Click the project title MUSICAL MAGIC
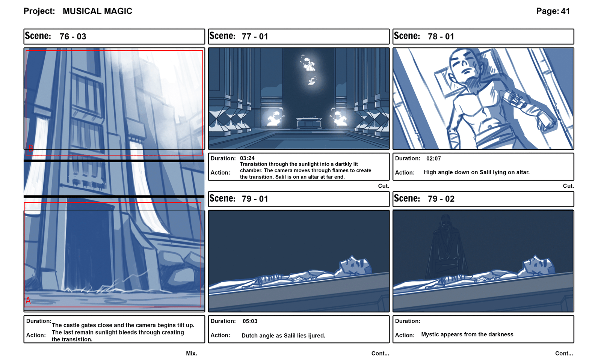[97, 11]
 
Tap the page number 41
[565, 11]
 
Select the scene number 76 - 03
[73, 36]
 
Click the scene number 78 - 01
[441, 36]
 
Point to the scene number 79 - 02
[441, 199]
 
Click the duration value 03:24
[247, 158]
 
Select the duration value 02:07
[433, 158]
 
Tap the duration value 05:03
[250, 321]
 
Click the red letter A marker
[28, 300]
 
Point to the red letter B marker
[31, 148]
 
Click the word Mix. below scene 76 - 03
[192, 353]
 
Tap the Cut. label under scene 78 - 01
[568, 186]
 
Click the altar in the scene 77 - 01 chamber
[308, 123]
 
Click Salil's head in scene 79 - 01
[355, 265]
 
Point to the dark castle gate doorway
[89, 247]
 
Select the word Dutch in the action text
[250, 336]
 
